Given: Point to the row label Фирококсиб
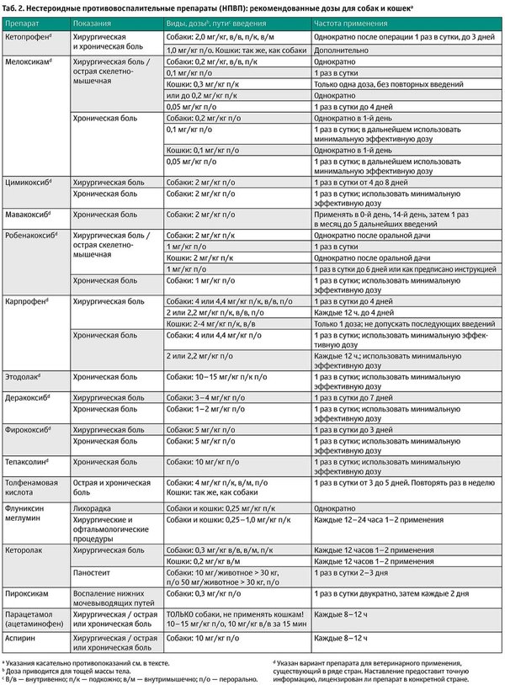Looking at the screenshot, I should (29, 429).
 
